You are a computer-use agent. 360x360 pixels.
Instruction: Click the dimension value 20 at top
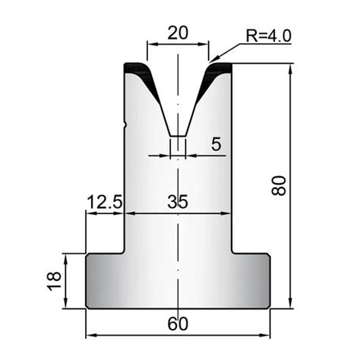click(177, 33)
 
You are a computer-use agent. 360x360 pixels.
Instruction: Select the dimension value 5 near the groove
click(216, 144)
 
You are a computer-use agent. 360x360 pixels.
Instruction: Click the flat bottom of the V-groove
click(178, 137)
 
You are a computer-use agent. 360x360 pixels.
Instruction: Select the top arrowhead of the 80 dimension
click(291, 69)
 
